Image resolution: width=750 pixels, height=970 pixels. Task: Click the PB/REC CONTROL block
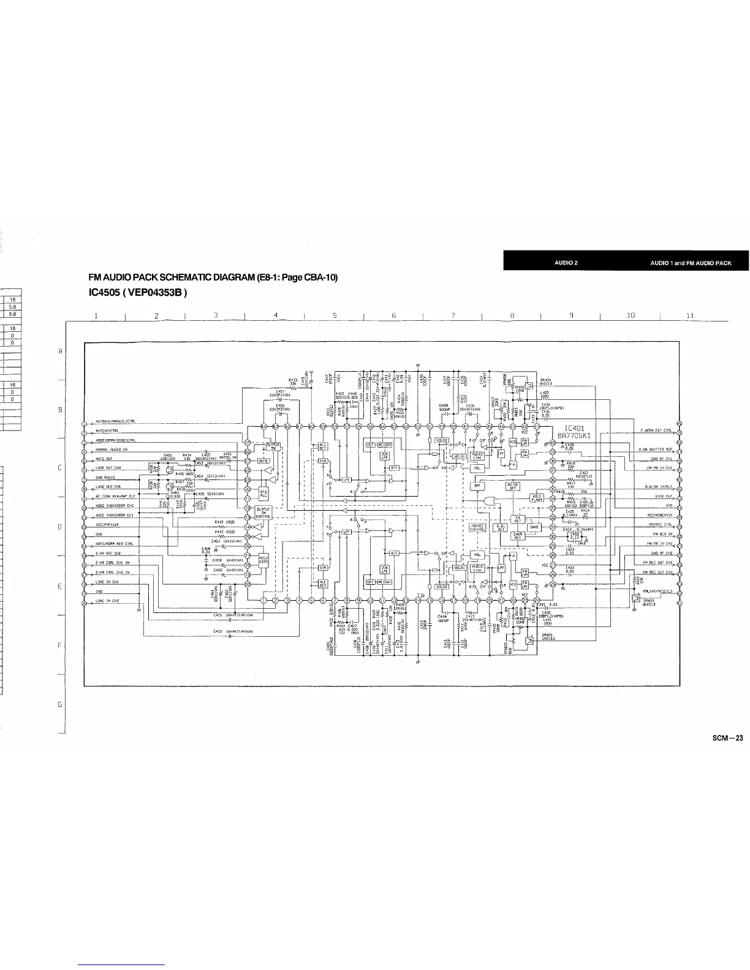[477, 527]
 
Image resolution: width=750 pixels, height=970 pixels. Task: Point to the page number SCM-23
[731, 738]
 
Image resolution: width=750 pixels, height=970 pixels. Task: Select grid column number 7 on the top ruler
[452, 315]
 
